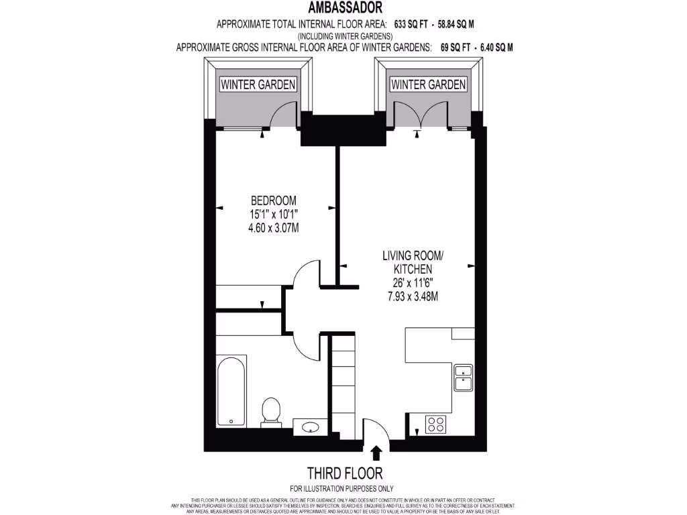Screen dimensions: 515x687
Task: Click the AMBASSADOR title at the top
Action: coord(346,8)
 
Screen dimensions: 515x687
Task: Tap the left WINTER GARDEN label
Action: coord(258,84)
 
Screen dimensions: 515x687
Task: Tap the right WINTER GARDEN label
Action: coord(428,84)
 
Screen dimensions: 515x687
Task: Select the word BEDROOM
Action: coord(273,201)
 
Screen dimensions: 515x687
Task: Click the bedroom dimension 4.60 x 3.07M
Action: coord(273,228)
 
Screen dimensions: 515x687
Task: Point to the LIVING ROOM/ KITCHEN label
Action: coord(413,262)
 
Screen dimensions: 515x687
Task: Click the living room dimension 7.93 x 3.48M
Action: coord(411,296)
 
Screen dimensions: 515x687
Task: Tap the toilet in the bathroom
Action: coord(270,410)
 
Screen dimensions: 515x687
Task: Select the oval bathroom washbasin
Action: coord(311,426)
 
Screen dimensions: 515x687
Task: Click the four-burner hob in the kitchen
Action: coord(436,424)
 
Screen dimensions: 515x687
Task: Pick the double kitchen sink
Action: coord(464,378)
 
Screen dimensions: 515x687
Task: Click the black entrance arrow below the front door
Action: coord(376,453)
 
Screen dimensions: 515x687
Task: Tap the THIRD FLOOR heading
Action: coord(342,471)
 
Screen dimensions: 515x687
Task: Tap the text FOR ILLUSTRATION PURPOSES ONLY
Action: coord(342,488)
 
